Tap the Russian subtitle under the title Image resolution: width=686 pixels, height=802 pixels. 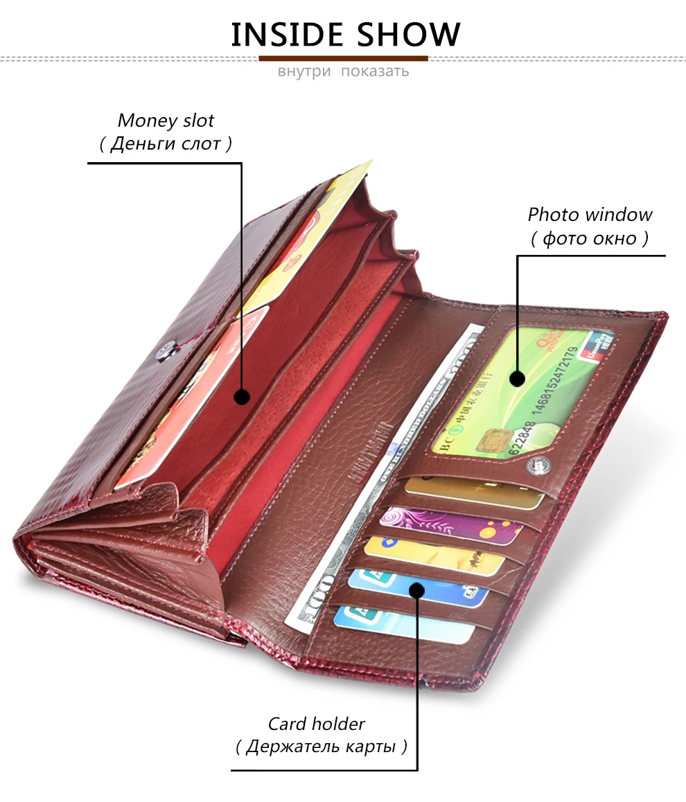click(343, 71)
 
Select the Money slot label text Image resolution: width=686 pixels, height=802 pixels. click(166, 121)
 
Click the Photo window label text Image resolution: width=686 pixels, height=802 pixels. click(590, 215)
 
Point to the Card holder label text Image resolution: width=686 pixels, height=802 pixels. click(316, 724)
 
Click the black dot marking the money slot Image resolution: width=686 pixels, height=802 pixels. click(241, 397)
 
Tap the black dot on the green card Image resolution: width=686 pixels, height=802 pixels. click(516, 378)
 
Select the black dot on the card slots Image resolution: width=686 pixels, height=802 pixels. click(416, 590)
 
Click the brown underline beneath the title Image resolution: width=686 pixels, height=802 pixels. click(343, 58)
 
